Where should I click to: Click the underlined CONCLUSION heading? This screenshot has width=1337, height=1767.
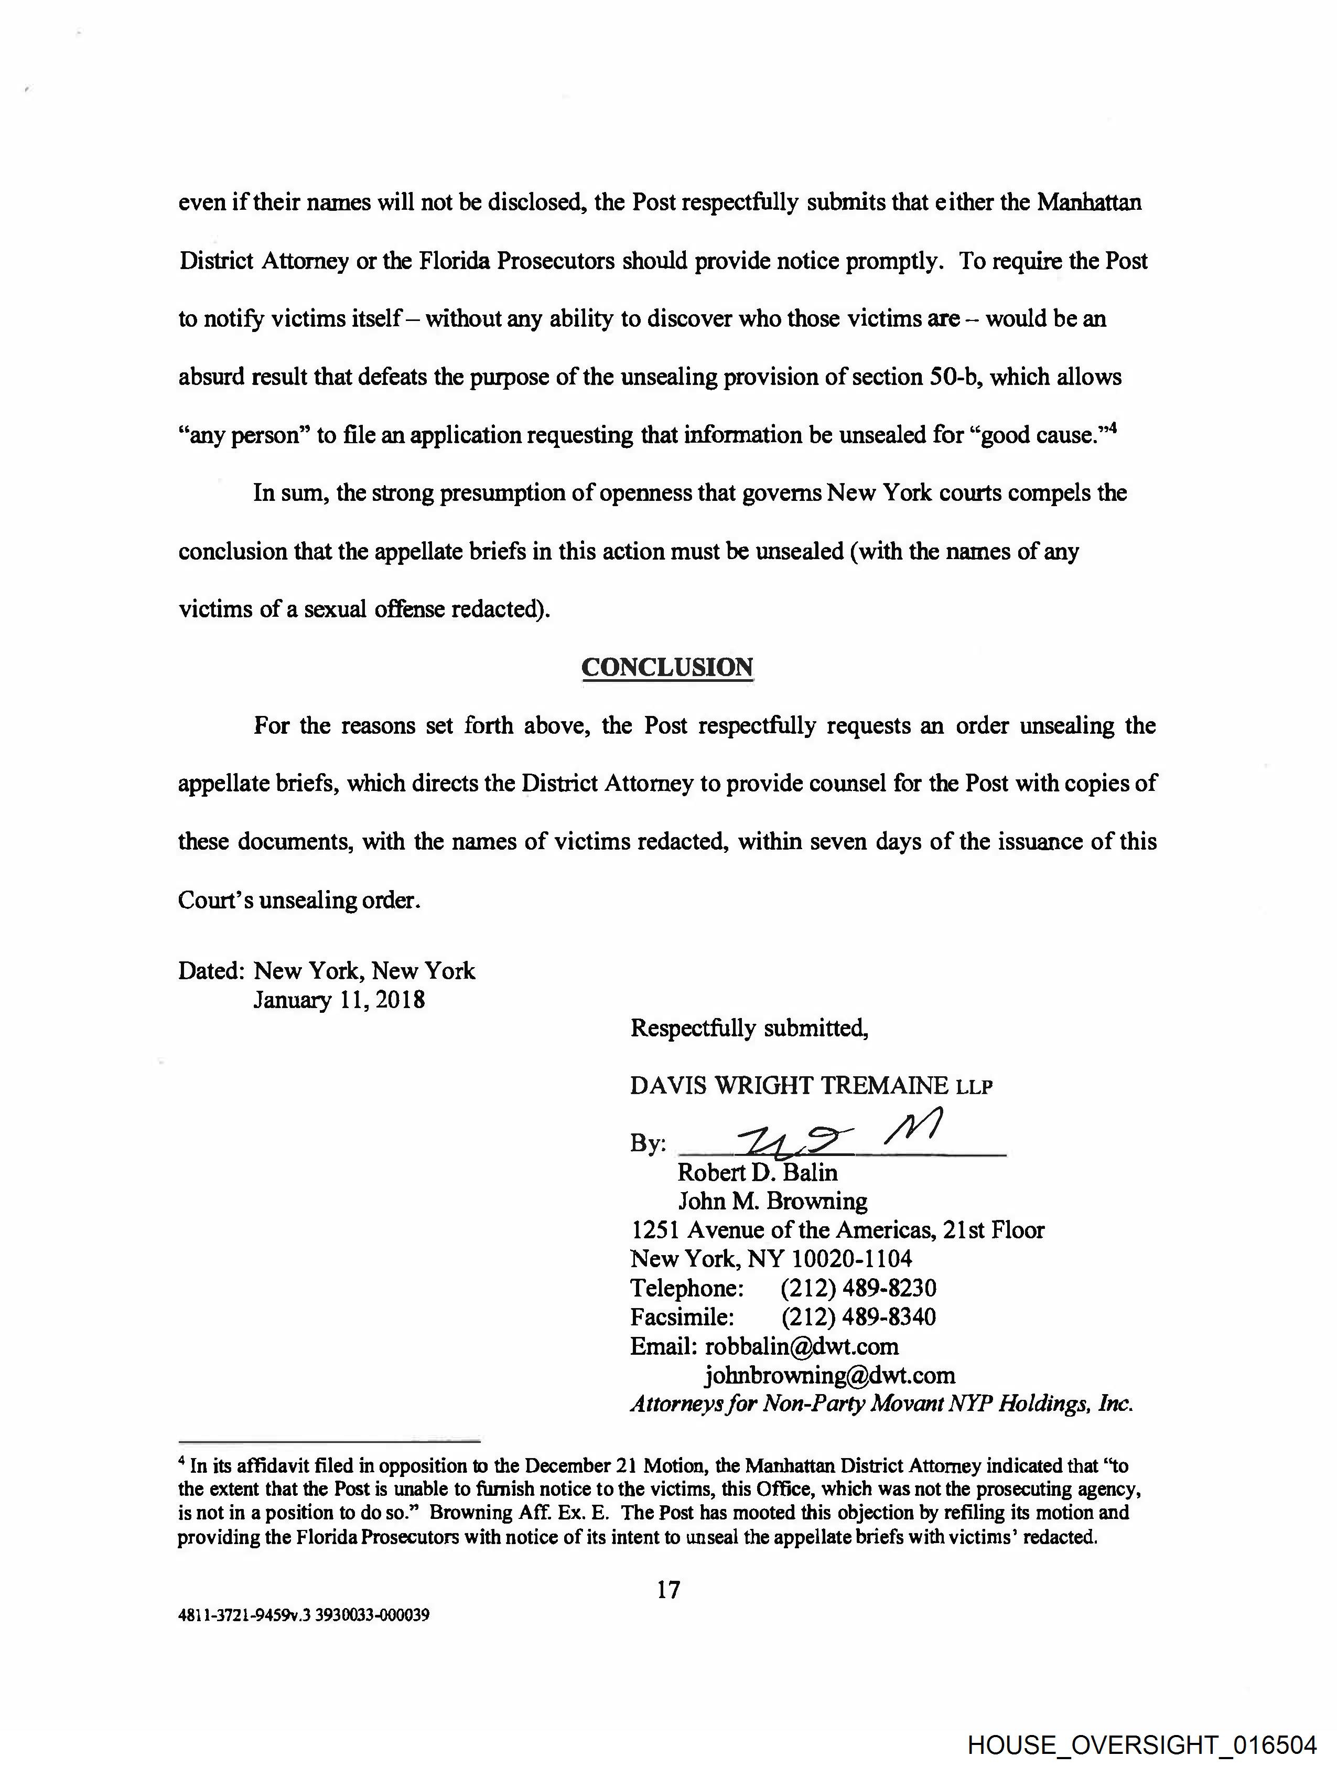point(667,667)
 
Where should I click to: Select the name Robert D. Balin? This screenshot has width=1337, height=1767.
point(757,1173)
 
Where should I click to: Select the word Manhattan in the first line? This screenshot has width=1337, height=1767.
point(1090,203)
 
